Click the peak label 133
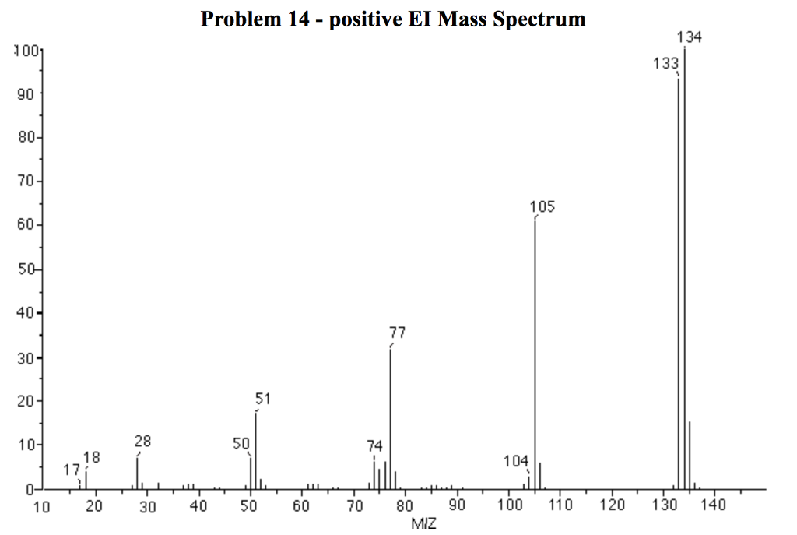coord(665,64)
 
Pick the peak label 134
coord(690,37)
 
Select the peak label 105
coord(542,207)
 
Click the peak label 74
coord(374,445)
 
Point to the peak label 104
coord(516,461)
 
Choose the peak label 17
coord(72,470)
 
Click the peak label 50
coord(241,443)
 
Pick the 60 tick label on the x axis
coord(302,506)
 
